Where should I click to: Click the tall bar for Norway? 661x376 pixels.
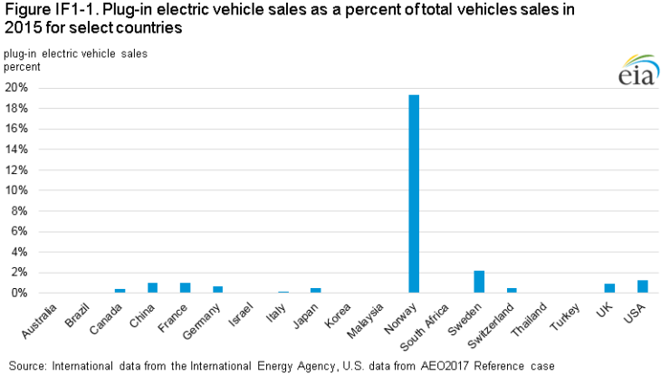tap(414, 194)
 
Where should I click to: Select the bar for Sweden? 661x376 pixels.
tap(479, 282)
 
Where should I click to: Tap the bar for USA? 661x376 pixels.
tap(642, 286)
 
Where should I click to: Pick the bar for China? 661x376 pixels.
tap(152, 288)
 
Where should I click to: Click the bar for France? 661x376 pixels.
tap(185, 288)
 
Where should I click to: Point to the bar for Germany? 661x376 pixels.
tap(218, 289)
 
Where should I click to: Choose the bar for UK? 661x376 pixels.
tap(609, 288)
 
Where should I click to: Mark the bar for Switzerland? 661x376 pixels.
tap(512, 290)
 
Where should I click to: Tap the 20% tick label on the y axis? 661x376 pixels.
tap(17, 88)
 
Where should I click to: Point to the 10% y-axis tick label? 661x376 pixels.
tap(17, 190)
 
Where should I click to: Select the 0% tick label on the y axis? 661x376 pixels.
tap(20, 293)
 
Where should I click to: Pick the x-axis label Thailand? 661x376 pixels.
tap(527, 318)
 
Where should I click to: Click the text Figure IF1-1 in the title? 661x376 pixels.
tap(45, 11)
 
